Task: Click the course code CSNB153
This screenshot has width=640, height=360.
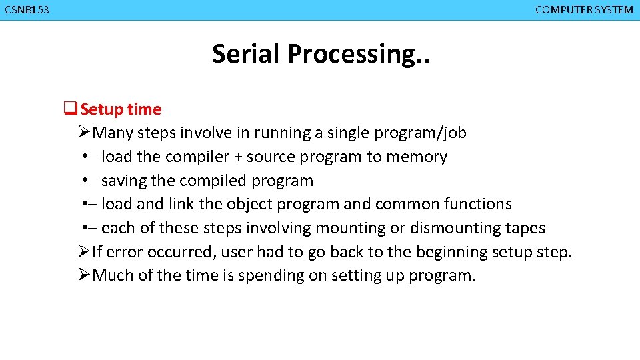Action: [x=27, y=10]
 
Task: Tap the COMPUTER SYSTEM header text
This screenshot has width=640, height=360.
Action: [x=584, y=10]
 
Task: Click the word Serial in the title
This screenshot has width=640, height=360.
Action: [x=247, y=53]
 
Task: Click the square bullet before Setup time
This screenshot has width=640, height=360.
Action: [x=69, y=109]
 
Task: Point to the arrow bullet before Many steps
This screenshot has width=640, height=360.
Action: [x=83, y=133]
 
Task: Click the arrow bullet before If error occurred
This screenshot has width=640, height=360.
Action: [x=83, y=252]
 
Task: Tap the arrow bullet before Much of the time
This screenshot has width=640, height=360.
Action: [x=83, y=275]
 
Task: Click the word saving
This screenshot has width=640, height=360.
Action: [x=124, y=181]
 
